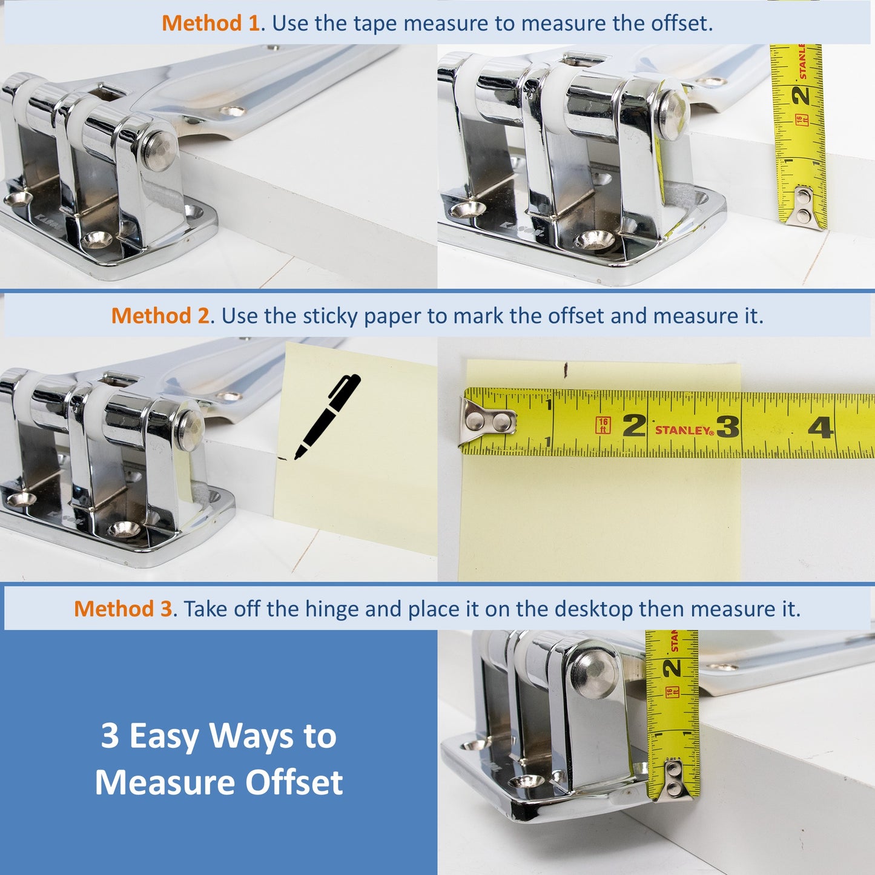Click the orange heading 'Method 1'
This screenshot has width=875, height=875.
210,24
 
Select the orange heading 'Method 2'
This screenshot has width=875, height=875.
160,316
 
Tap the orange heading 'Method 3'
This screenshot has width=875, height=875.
123,609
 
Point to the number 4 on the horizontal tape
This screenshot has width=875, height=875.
821,428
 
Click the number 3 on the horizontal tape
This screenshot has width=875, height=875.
728,427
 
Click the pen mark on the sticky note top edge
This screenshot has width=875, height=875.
566,368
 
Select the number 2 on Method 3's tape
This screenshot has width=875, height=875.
672,668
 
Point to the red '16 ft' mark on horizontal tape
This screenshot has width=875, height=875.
603,425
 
